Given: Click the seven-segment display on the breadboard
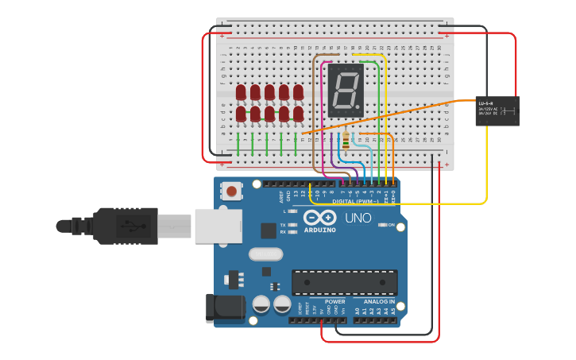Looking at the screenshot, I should point(346,90).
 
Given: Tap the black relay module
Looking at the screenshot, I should point(497,110).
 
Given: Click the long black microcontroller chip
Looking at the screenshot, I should point(344,282).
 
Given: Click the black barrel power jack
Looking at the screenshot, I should point(223,309).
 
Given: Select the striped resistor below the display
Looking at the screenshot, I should point(347,142).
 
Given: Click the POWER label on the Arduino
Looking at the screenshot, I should point(335,302).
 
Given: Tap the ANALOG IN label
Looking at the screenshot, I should point(379,302).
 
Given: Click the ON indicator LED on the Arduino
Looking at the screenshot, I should point(382,225).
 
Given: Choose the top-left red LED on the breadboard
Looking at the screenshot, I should point(241,93).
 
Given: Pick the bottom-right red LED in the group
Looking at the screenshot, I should point(298,114).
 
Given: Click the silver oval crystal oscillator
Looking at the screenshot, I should point(265,254).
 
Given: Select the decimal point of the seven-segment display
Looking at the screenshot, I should point(361,109).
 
